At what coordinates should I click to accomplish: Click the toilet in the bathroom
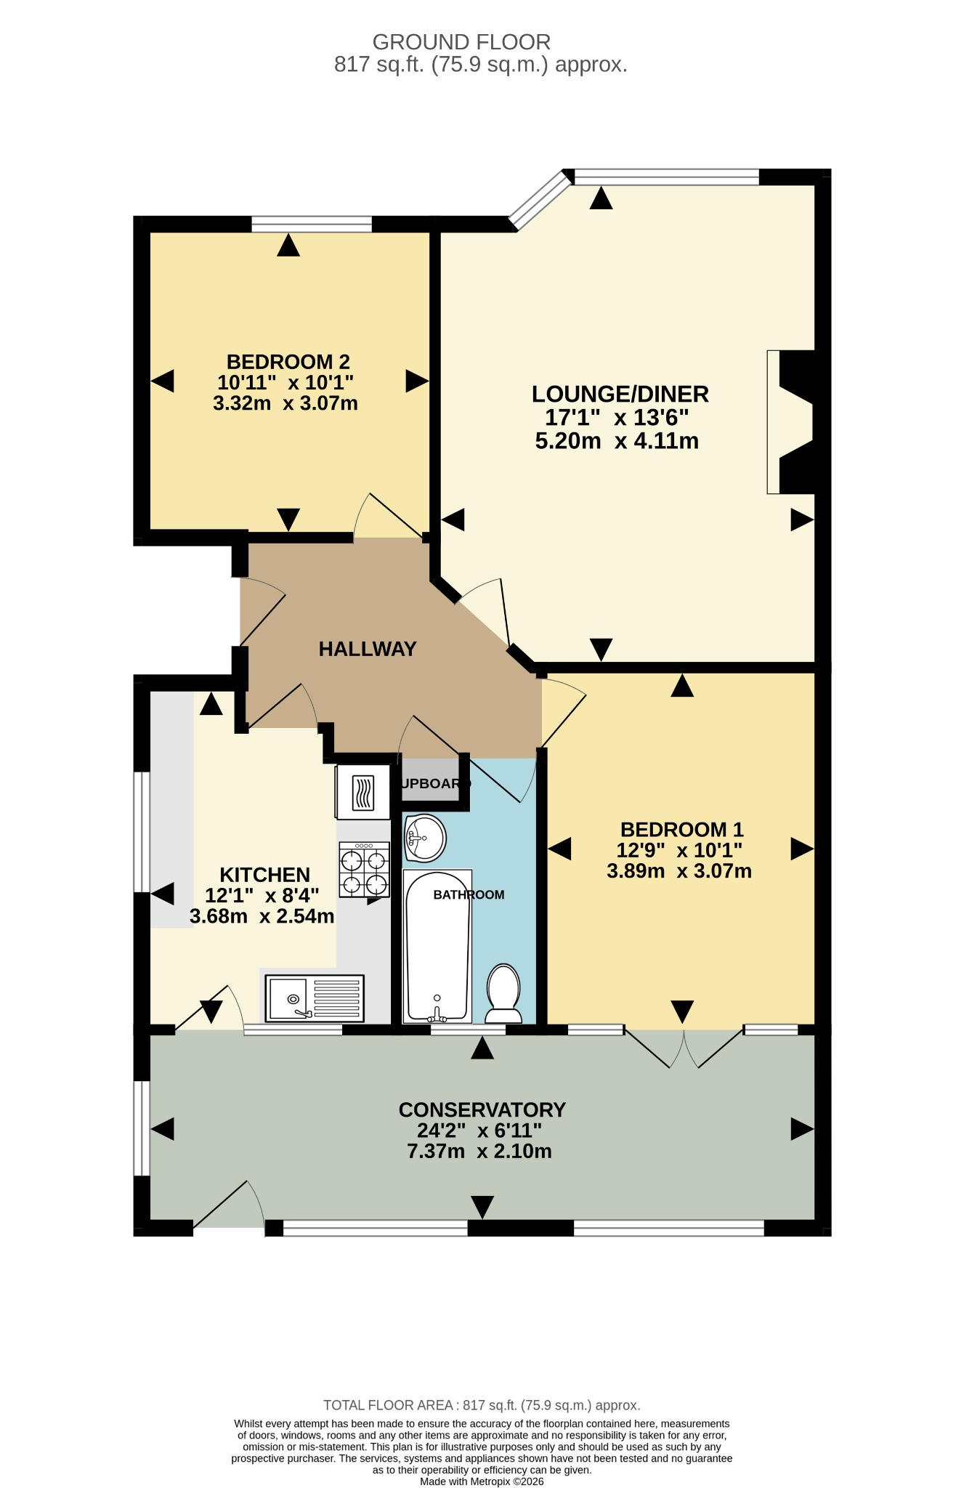point(503,993)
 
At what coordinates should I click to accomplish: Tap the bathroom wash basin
point(425,838)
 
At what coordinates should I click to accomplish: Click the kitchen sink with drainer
point(315,998)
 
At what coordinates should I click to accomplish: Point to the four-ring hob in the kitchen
point(364,870)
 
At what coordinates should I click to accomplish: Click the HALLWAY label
point(368,649)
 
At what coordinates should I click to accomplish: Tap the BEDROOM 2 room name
point(288,361)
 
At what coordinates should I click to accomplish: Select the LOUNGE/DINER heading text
point(620,394)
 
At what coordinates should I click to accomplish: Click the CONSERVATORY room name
point(482,1109)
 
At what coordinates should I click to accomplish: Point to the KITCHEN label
point(265,874)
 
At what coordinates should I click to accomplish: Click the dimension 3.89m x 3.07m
point(679,870)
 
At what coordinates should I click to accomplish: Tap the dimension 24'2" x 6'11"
point(479,1131)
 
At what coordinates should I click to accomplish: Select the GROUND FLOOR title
point(461,42)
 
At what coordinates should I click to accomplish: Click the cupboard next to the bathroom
point(432,780)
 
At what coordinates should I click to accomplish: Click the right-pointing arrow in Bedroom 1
point(802,849)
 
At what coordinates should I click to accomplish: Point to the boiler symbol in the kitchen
point(363,793)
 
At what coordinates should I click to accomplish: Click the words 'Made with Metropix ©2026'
point(482,1481)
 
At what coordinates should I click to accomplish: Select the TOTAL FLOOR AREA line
point(482,1405)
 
